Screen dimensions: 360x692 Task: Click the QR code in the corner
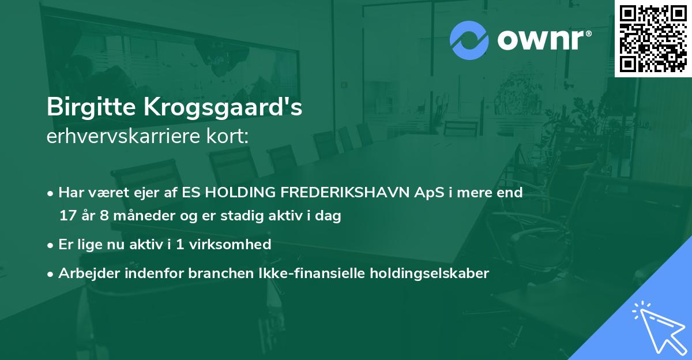(653, 38)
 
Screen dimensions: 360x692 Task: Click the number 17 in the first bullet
(67, 216)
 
